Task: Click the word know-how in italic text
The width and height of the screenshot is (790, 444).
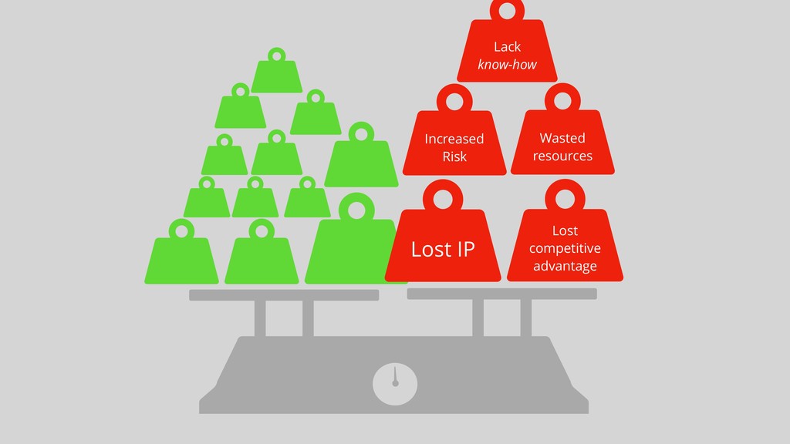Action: coord(507,65)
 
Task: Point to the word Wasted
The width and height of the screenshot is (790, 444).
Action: coord(562,138)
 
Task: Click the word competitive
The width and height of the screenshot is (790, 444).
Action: coord(565,248)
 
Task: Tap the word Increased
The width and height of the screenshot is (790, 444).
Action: coord(454,139)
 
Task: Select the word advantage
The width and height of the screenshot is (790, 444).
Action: coord(565,266)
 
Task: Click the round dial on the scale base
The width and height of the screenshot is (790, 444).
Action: coord(395,384)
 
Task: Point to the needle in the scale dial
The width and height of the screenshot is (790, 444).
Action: coord(394,375)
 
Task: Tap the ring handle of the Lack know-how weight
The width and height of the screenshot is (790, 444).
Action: coord(507,10)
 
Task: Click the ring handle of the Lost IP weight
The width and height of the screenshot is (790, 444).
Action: coord(442,199)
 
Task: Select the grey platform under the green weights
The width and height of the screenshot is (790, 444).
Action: coord(284,294)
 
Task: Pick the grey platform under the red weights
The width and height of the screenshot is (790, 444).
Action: coord(501,294)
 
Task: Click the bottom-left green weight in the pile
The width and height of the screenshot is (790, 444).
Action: coord(181,256)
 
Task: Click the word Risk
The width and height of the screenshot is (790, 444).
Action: coord(454,156)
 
